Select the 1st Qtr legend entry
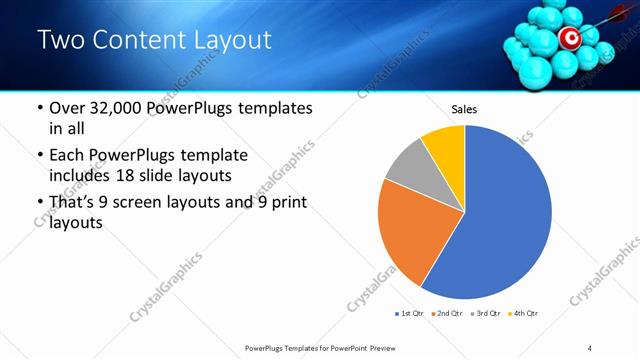click(x=410, y=314)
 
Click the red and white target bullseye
click(x=569, y=39)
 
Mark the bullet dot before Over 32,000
click(x=39, y=109)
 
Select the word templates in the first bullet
click(x=272, y=108)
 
